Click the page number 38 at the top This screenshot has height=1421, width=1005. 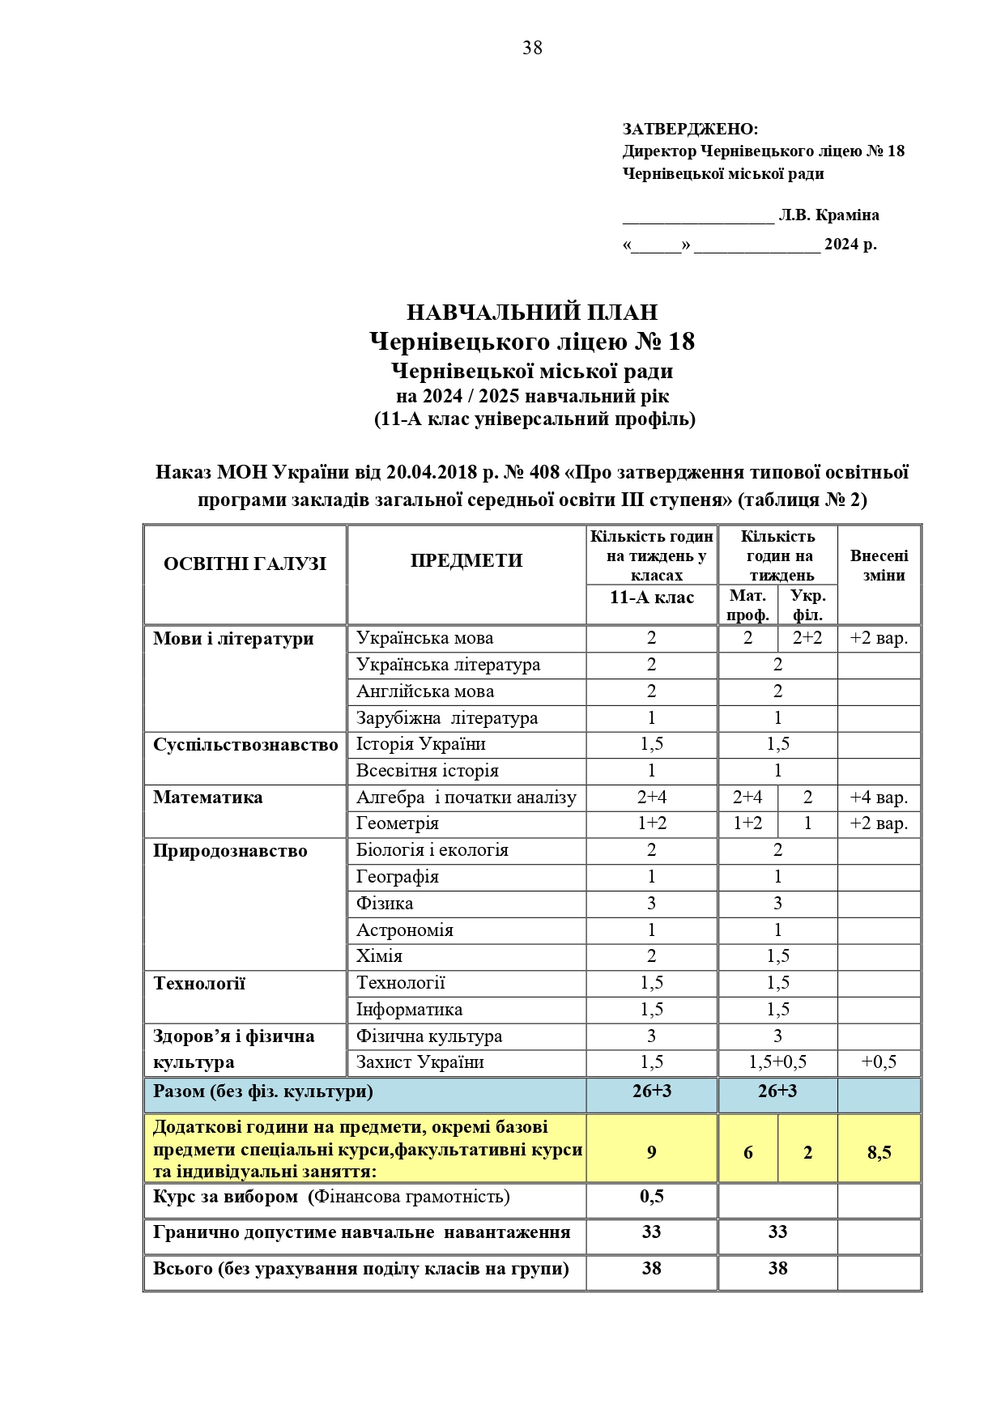532,49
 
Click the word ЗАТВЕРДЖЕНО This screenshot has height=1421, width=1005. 690,130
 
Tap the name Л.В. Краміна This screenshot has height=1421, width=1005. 828,215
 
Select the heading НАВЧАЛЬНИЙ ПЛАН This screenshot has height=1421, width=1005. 531,313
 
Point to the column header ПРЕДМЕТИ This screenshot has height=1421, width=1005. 466,560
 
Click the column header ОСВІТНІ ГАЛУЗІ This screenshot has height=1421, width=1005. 245,564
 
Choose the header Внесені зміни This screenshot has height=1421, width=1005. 879,565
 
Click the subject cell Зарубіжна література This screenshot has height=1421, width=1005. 446,718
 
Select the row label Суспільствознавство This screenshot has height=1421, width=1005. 245,745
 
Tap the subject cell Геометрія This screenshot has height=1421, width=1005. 397,823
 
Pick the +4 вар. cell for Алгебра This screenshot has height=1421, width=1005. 879,798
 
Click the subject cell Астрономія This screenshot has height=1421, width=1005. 404,930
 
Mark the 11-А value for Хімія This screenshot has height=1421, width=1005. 651,956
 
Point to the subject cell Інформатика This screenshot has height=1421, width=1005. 409,1010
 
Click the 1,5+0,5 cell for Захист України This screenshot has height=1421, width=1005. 777,1062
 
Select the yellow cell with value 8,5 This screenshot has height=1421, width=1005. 879,1152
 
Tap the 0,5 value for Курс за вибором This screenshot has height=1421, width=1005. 651,1197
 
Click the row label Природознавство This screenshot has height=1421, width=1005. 230,851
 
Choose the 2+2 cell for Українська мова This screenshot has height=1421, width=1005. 807,638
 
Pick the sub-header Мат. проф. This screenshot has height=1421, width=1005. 747,605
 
